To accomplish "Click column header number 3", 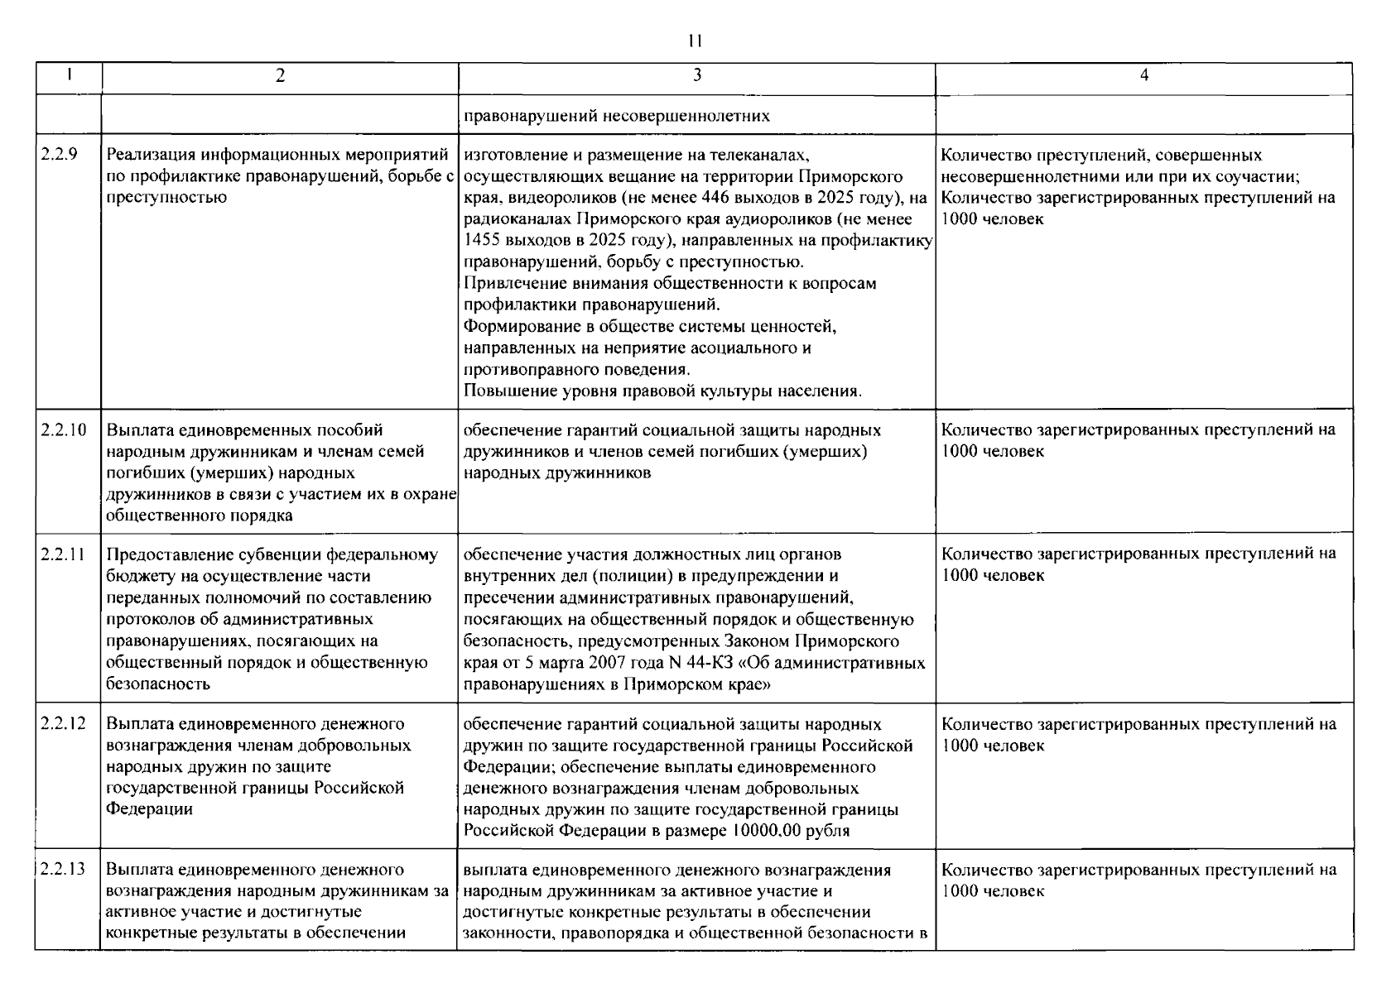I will coord(697,76).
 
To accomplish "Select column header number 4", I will coord(1144,76).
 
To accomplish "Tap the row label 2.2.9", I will coord(59,155).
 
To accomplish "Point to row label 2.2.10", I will coord(63,429).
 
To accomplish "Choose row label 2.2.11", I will coord(63,554).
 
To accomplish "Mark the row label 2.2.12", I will coord(63,724).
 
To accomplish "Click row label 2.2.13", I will coord(63,870).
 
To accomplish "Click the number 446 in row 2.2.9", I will coord(716,198).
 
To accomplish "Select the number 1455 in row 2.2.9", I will coord(480,241).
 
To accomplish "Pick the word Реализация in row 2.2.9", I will coord(144,155).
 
